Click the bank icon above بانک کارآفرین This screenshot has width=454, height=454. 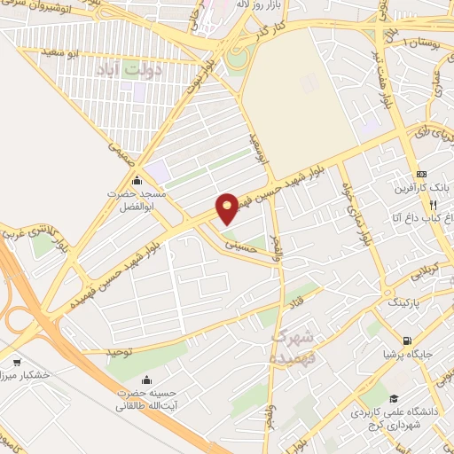point(421,174)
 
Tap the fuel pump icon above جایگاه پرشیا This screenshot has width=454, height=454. point(407,340)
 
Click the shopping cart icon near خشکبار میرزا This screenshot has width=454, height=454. point(18,362)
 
